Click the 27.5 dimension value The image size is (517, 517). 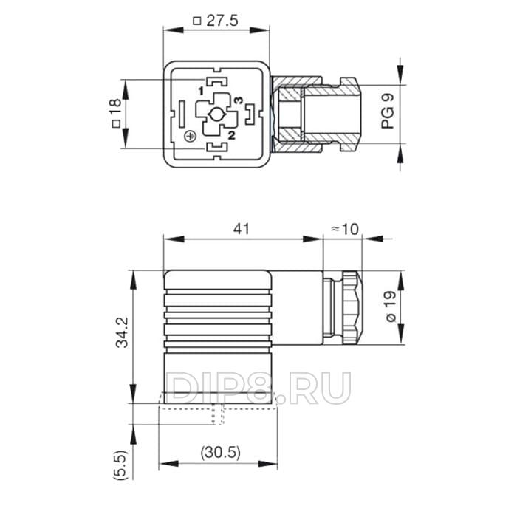pos(222,21)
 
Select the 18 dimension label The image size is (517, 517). pos(115,107)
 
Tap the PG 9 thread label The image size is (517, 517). pos(388,111)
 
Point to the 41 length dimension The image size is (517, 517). pos(242,229)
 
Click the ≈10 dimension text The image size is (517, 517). pos(344,229)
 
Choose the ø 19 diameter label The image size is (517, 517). pos(391,307)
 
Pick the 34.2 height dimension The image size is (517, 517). pos(122,332)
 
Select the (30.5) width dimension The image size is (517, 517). pos(221,452)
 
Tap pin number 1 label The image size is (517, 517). pos(201,90)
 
